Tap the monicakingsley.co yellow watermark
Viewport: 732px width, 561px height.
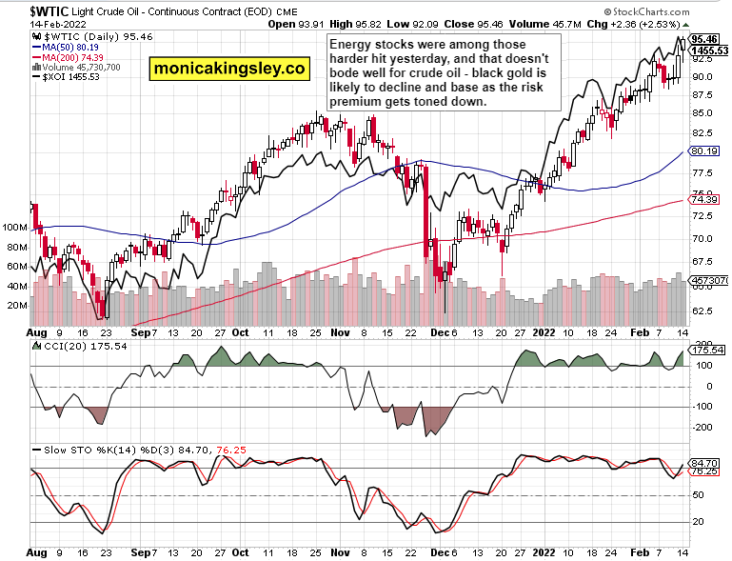pyautogui.click(x=228, y=68)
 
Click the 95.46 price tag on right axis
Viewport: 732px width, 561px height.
pyautogui.click(x=705, y=39)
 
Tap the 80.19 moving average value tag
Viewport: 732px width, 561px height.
pyautogui.click(x=703, y=150)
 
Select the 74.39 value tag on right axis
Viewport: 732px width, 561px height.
pyautogui.click(x=703, y=198)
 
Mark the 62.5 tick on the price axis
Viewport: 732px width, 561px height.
pyautogui.click(x=701, y=311)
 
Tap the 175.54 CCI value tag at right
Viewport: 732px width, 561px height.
pyautogui.click(x=705, y=351)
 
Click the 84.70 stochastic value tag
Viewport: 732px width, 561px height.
pyautogui.click(x=705, y=462)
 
